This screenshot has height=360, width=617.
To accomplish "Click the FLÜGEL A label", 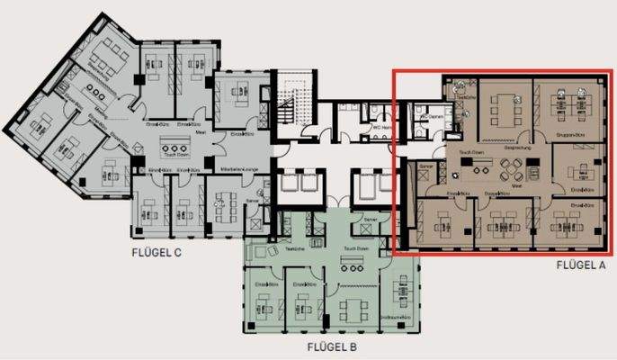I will [x=581, y=265].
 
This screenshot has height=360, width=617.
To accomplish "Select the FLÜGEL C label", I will [x=157, y=253].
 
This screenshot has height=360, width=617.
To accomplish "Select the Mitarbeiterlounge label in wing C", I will [x=228, y=169].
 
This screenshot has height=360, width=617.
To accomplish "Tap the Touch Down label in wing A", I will [x=472, y=153].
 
